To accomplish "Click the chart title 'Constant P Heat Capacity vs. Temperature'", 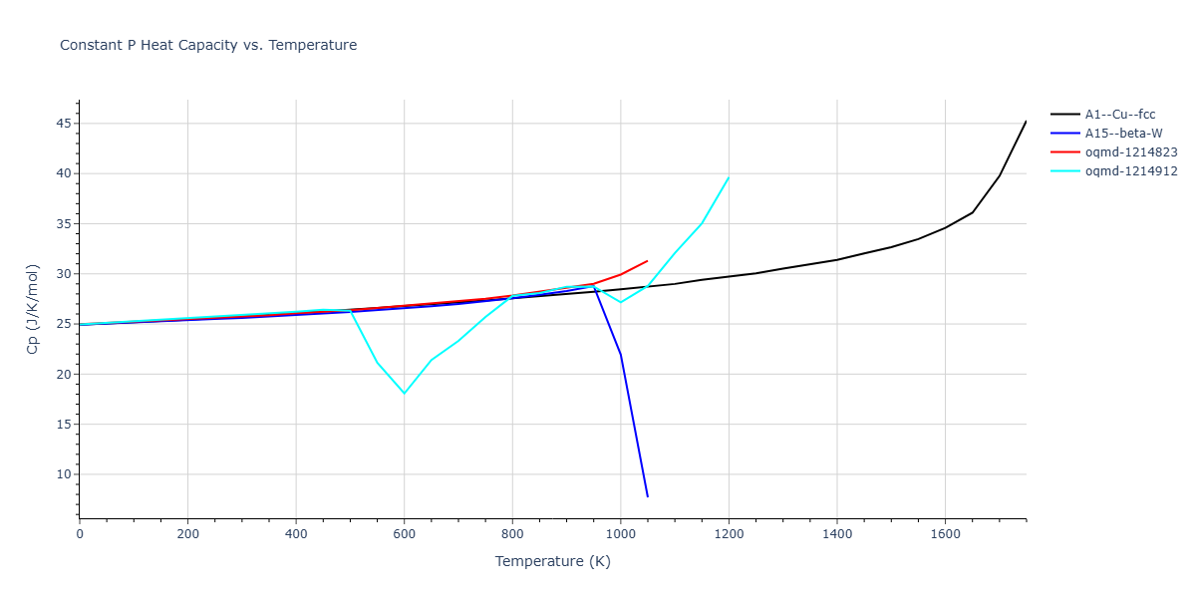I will click(208, 45).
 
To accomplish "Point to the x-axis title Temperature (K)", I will click(552, 561).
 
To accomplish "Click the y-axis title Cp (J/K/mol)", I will click(34, 309).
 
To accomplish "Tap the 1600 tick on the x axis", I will click(945, 534).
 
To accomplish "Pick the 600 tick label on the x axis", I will click(404, 534).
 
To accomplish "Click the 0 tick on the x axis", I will click(80, 534).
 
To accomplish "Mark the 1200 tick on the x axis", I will click(729, 534).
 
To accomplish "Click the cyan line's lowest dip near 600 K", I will click(404, 393).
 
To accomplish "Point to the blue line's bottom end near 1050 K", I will click(648, 496).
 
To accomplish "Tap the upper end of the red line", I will click(648, 260).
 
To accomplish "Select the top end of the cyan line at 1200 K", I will click(729, 177).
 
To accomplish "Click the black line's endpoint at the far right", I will click(1026, 122).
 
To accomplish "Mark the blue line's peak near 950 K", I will click(594, 287).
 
